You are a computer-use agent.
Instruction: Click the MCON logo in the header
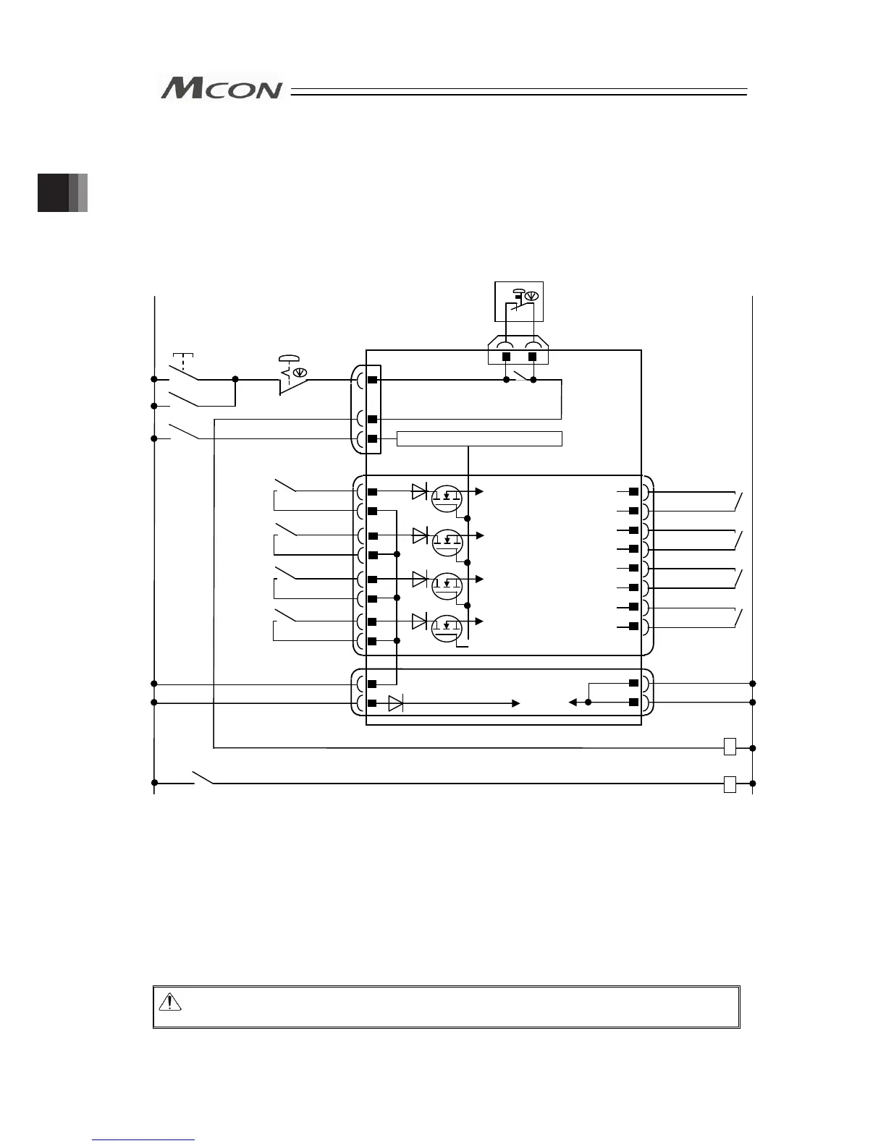point(221,88)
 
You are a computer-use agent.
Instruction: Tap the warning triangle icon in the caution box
point(169,1001)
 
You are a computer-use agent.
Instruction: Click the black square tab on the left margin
point(54,192)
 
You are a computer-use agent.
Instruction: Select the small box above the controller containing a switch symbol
point(518,301)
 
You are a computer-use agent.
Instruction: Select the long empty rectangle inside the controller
point(479,438)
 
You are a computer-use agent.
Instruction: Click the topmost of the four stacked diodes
point(419,492)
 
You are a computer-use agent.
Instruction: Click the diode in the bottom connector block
point(395,703)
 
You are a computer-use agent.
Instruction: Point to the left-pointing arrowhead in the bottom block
point(572,702)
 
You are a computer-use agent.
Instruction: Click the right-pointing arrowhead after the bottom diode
point(515,703)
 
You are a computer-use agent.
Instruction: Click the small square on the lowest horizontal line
point(730,784)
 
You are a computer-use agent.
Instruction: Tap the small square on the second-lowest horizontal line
point(730,747)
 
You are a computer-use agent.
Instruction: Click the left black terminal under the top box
point(506,357)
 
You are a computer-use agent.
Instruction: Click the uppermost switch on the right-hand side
point(738,499)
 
